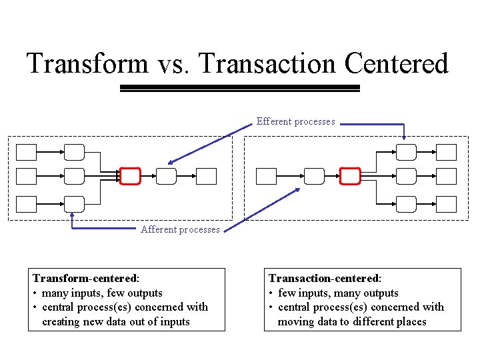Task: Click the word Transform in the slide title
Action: pyautogui.click(x=87, y=64)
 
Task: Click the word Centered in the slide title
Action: pyautogui.click(x=397, y=64)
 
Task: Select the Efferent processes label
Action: pyautogui.click(x=295, y=121)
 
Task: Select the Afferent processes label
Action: pyautogui.click(x=180, y=229)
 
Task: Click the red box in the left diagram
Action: pyautogui.click(x=131, y=176)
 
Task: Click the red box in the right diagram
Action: pyautogui.click(x=350, y=176)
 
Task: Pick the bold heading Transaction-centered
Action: pyautogui.click(x=323, y=278)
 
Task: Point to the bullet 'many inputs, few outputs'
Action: pyautogui.click(x=101, y=293)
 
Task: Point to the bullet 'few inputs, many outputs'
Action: pyautogui.click(x=337, y=293)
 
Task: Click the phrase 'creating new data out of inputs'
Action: pyautogui.click(x=115, y=321)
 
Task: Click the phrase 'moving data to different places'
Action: pyautogui.click(x=351, y=321)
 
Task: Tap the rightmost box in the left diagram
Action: pyautogui.click(x=207, y=176)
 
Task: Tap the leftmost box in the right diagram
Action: pyautogui.click(x=266, y=176)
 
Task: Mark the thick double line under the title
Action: pyautogui.click(x=239, y=88)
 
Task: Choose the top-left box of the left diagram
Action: pyautogui.click(x=26, y=153)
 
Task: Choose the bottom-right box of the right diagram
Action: pyautogui.click(x=447, y=204)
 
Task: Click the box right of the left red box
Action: pyautogui.click(x=166, y=176)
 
